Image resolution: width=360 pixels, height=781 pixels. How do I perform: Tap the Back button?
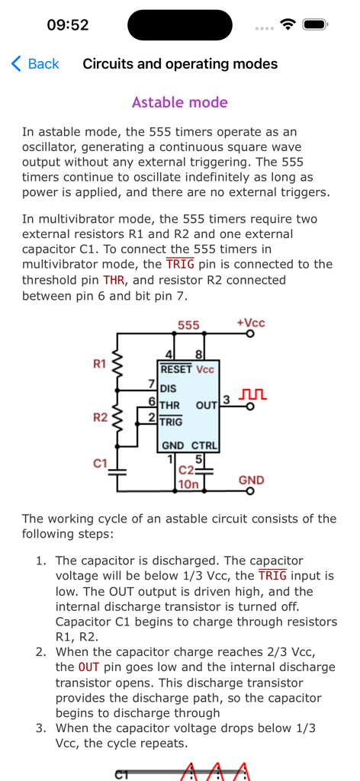pos(35,64)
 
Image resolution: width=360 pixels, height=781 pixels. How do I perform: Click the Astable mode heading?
pos(180,102)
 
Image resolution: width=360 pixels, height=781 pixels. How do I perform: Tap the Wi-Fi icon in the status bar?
pos(288,24)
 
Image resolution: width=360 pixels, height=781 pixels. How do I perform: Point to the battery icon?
pos(314,24)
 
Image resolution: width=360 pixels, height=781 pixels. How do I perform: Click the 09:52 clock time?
pos(68,24)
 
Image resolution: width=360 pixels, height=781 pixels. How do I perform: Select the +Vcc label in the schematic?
pos(251,323)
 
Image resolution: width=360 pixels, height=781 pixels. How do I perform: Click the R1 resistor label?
pos(100,364)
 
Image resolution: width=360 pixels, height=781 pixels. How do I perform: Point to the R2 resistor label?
pos(100,417)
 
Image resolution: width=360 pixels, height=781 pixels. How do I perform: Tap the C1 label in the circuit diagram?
pos(100,463)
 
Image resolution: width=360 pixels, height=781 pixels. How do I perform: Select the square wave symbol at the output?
pos(252,394)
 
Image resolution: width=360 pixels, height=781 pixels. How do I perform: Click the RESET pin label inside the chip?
pos(176,369)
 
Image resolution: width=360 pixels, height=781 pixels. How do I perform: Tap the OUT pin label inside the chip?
pos(207,405)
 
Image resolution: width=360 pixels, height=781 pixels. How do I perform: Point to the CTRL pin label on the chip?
pos(204,445)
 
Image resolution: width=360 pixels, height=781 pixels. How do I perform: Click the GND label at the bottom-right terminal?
pos(252,480)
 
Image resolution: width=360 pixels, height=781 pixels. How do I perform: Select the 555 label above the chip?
pos(188,326)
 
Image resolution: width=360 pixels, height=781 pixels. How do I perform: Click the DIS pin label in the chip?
pos(168,388)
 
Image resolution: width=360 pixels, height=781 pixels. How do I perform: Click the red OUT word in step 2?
pos(88,667)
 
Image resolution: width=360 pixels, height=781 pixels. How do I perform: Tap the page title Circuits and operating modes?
pos(180,64)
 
